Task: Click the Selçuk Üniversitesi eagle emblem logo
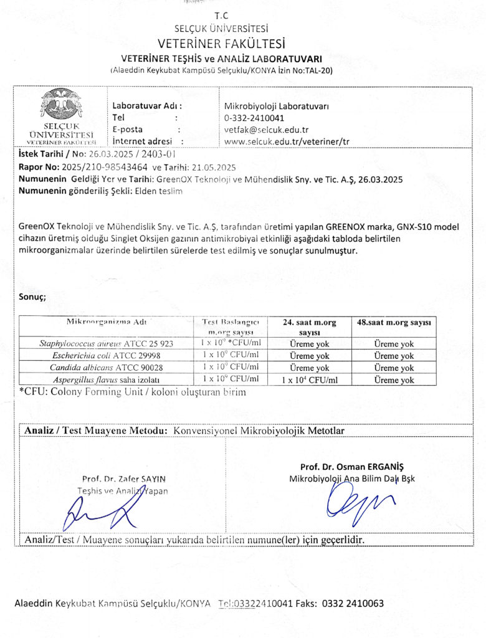60,105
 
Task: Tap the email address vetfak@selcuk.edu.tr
266,130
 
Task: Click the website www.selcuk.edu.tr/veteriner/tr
287,141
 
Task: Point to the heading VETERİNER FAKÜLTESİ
221,44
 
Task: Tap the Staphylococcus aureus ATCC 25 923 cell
107,343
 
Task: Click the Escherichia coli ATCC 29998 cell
107,355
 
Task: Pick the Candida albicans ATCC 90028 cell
107,368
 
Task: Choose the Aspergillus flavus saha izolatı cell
107,379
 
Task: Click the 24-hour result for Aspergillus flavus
310,380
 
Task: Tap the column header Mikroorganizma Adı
107,322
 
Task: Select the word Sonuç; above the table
32,297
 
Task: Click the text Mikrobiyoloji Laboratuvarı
276,106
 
